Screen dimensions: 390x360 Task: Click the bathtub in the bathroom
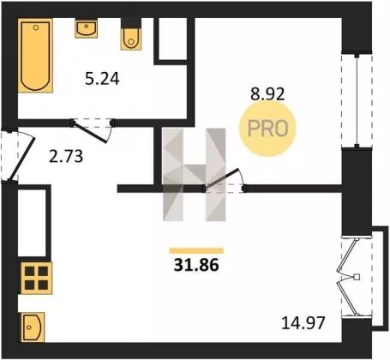click(x=35, y=56)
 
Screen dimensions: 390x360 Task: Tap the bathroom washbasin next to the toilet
click(x=87, y=28)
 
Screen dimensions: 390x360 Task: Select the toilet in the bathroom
click(x=131, y=34)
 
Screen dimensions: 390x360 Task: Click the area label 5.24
click(x=102, y=79)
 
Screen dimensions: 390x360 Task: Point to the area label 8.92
click(x=267, y=93)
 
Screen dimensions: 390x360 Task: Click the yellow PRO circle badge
click(x=267, y=129)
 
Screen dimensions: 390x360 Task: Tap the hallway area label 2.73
click(x=66, y=157)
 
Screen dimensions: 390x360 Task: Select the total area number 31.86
click(x=196, y=265)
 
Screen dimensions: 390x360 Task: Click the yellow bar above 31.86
click(x=196, y=251)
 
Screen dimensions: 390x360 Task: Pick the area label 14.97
click(x=303, y=323)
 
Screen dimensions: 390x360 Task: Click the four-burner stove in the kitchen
click(x=36, y=278)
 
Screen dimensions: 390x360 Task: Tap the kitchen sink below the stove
click(x=33, y=327)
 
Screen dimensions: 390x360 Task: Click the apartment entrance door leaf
click(x=22, y=159)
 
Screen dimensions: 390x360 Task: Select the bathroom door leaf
click(x=90, y=132)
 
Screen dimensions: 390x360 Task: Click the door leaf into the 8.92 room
click(x=220, y=179)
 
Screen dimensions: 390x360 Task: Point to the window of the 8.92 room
click(x=357, y=100)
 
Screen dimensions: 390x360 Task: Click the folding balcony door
click(x=349, y=277)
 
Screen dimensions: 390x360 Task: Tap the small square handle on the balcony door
click(x=357, y=277)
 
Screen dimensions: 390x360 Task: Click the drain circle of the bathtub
click(x=36, y=27)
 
